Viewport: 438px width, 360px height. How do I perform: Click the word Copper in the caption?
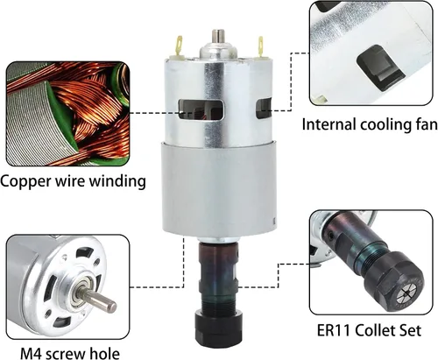click(25, 181)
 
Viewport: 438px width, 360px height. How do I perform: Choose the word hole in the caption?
click(107, 353)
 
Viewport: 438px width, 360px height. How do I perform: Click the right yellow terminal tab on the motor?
click(259, 46)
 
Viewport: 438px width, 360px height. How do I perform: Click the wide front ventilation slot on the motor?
click(201, 109)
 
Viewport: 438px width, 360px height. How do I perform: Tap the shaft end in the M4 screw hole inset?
click(111, 307)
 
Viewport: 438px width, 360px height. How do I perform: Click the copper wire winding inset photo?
click(67, 114)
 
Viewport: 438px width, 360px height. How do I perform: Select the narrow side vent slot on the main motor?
click(264, 109)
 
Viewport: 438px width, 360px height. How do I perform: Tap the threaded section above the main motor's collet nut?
click(218, 305)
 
